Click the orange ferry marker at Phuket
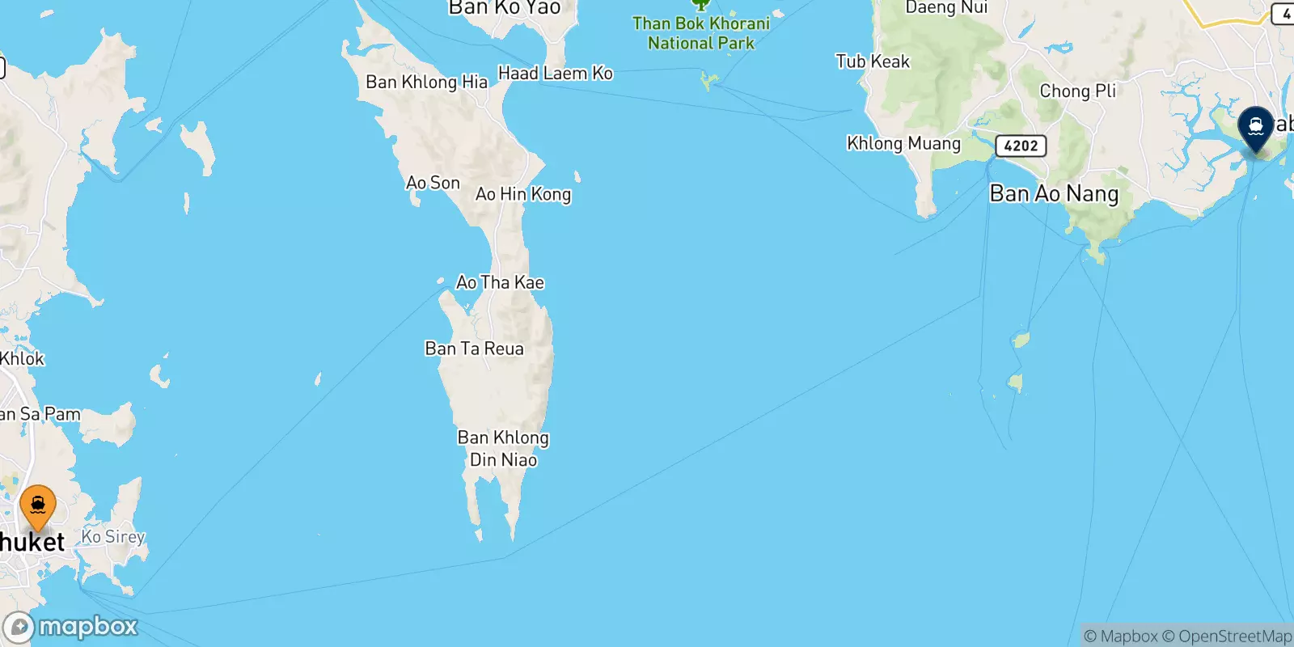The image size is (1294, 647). [x=38, y=505]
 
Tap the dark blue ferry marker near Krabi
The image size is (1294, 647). [x=1255, y=128]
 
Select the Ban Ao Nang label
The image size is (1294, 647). [x=1054, y=194]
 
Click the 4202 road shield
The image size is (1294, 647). [x=1021, y=146]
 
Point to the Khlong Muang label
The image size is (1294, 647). [x=903, y=143]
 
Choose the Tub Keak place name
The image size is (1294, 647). [x=873, y=61]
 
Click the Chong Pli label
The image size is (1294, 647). [x=1077, y=91]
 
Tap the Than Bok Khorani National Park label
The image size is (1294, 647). [x=701, y=33]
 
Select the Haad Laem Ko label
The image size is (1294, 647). [x=555, y=74]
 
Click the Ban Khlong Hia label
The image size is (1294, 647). [x=426, y=82]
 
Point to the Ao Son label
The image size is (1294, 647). [x=433, y=183]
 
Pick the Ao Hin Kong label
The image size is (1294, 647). [x=523, y=194]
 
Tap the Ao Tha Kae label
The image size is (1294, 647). [x=500, y=282]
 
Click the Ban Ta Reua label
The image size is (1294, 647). [x=474, y=349]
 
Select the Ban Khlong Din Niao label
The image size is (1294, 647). [x=503, y=448]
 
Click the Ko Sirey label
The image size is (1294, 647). [x=113, y=536]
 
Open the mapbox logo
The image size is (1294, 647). [x=71, y=627]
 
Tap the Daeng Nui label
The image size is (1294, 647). [x=946, y=8]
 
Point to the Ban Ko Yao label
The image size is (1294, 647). [x=504, y=8]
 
